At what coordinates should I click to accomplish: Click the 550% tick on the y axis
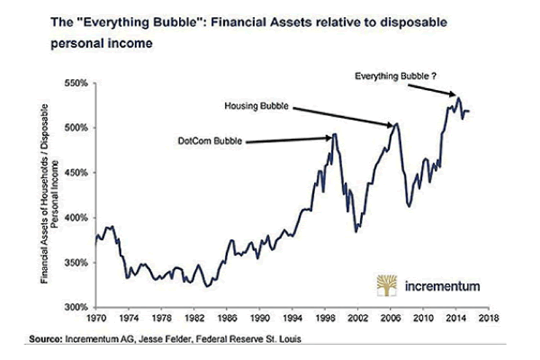click(x=80, y=84)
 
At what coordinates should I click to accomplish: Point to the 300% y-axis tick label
click(x=80, y=307)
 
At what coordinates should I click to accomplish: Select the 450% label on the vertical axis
click(x=80, y=173)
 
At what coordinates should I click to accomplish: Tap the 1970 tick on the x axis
click(x=95, y=316)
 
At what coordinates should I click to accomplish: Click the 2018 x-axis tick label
click(x=487, y=316)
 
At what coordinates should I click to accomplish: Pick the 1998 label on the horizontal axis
click(x=325, y=316)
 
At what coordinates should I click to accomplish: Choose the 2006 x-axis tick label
click(x=390, y=316)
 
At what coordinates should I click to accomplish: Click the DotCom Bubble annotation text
click(x=208, y=142)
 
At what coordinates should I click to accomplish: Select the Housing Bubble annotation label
click(x=256, y=106)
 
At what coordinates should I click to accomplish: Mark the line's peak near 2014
click(x=458, y=98)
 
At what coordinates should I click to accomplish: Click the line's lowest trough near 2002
click(x=356, y=232)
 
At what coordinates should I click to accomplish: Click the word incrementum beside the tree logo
click(x=443, y=286)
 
